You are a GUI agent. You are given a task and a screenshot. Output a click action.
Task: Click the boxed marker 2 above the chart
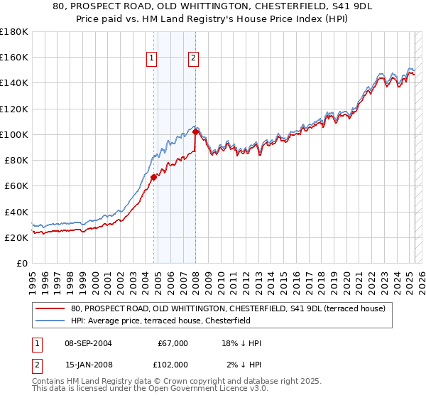(x=194, y=59)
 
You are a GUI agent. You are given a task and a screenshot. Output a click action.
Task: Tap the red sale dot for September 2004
(x=153, y=177)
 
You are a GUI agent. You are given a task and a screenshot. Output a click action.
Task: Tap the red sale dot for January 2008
(x=195, y=131)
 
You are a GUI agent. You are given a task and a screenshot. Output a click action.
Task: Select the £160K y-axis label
(x=14, y=57)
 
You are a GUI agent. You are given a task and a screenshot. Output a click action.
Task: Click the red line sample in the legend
(x=50, y=308)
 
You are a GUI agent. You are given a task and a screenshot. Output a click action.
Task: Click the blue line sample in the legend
(x=50, y=321)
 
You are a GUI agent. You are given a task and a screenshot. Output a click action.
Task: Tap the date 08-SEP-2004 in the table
(x=88, y=343)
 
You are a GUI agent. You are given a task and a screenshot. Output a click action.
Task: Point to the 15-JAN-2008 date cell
(x=88, y=365)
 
